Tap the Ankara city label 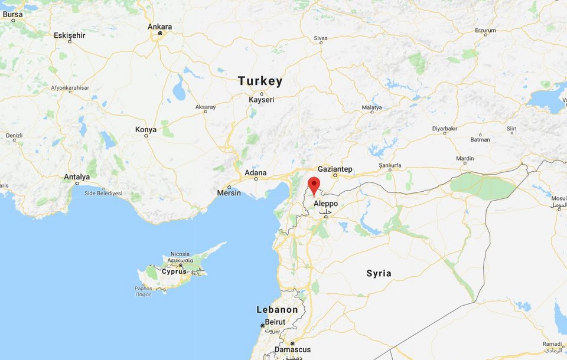(160, 27)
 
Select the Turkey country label (260, 81)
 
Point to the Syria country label (379, 273)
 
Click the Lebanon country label (277, 310)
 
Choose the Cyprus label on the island (174, 271)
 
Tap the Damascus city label (292, 349)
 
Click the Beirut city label (275, 322)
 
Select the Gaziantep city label (335, 169)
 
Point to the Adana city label (256, 173)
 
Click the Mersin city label (229, 193)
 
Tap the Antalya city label (77, 176)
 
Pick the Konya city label (146, 129)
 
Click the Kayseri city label (262, 100)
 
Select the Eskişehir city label (70, 35)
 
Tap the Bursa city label (13, 15)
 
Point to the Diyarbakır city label (445, 128)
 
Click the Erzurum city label (485, 30)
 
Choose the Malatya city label (372, 107)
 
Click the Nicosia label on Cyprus (180, 254)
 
